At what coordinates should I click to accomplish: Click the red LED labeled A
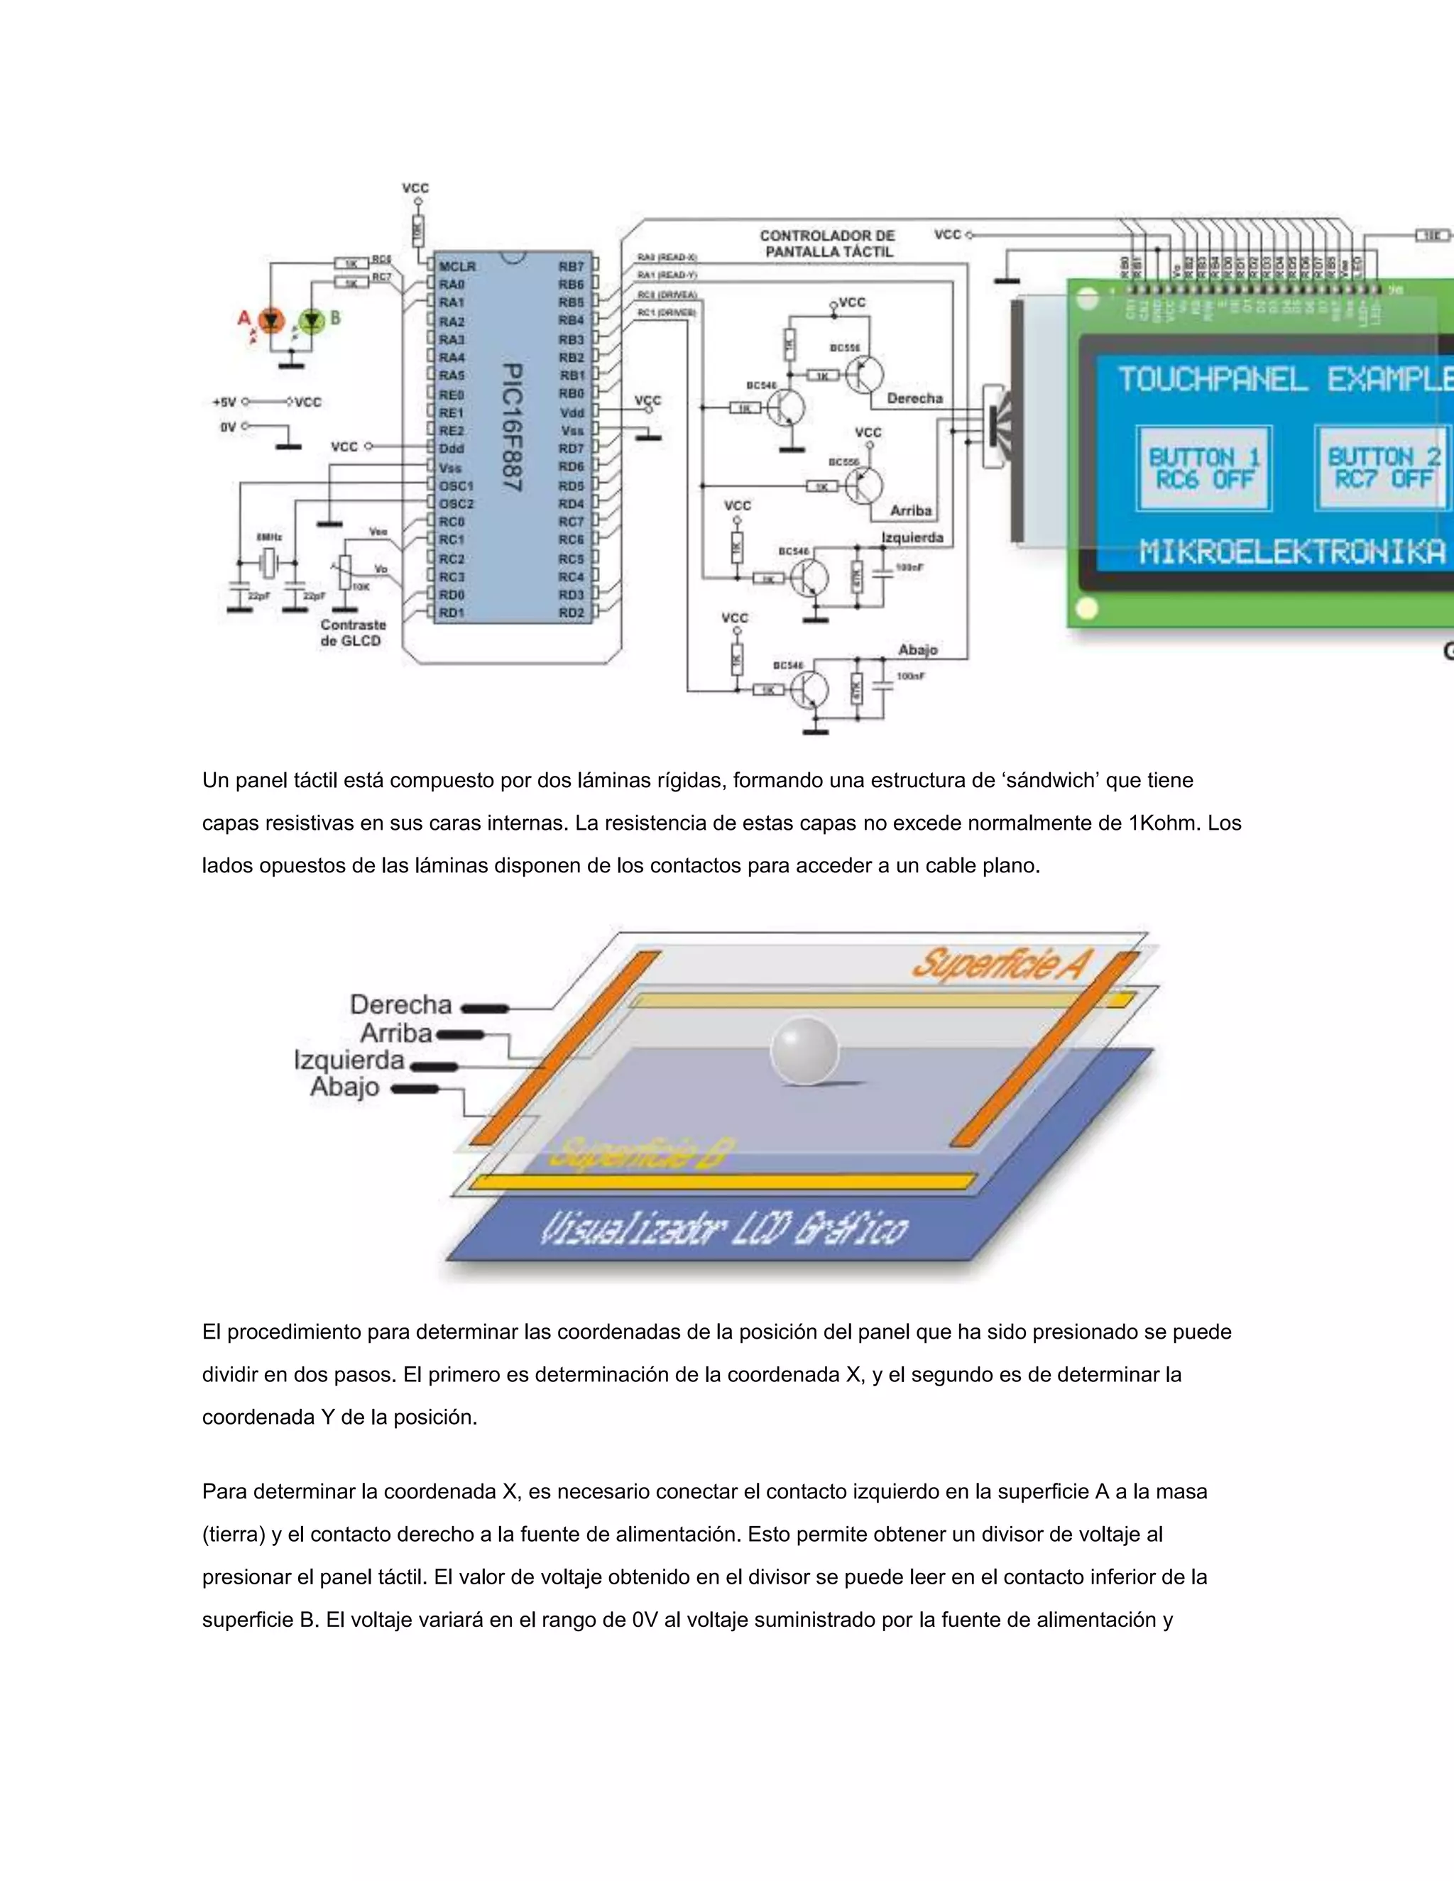coord(271,322)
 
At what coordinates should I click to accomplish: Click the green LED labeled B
coord(311,322)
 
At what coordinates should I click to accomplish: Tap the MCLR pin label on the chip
coord(457,266)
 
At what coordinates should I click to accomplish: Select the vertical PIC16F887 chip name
coord(512,427)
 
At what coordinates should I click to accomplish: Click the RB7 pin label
coord(570,266)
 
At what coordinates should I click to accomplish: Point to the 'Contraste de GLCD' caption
coord(352,632)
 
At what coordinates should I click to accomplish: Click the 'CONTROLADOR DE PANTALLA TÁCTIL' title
coord(828,243)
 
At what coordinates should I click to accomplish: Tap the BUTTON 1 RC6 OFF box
coord(1203,468)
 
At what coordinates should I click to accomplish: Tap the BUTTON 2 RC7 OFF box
coord(1382,468)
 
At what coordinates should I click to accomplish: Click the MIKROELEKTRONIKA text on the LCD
coord(1292,552)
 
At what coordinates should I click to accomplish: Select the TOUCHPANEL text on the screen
coord(1212,379)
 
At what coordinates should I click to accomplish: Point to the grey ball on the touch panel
coord(804,1050)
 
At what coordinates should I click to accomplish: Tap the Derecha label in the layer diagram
coord(400,1004)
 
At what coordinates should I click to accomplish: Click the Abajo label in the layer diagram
coord(344,1087)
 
